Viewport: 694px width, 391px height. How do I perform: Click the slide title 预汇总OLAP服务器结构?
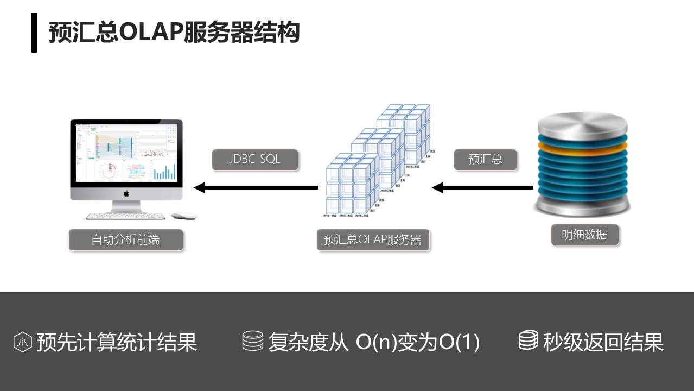pos(174,32)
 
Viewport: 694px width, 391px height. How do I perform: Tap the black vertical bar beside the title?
pos(34,33)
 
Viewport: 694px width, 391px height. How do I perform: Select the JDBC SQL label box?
pos(255,159)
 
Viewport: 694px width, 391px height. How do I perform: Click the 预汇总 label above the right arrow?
pos(485,159)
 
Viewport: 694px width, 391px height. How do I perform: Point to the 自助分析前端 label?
pos(125,239)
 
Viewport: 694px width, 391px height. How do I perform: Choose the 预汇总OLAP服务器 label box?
pos(373,239)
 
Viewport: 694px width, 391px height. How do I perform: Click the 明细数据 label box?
pos(584,235)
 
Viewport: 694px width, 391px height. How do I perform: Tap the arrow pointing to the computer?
pos(256,188)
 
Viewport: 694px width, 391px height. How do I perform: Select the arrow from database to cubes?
pos(482,188)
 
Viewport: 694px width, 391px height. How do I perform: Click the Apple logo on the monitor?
pos(126,193)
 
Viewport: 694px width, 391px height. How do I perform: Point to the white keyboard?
pos(125,216)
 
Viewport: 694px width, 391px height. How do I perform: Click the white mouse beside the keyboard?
pos(183,216)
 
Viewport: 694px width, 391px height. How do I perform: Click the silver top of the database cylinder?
pos(582,124)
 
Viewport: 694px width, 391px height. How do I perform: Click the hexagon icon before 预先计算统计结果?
pos(23,342)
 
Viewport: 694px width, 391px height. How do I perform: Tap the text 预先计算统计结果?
pos(117,342)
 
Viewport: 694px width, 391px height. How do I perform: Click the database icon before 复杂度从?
pos(252,341)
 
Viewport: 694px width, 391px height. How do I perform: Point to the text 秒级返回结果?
pos(603,342)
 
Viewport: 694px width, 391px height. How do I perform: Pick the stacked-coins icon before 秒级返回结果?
pos(528,340)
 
